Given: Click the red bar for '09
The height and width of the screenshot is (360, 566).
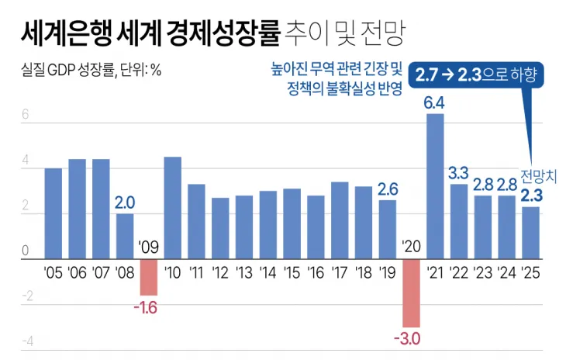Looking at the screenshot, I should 149,277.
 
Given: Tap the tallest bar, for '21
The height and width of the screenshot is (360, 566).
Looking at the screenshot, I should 435,186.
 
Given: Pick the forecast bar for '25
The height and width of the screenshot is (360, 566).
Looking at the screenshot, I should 530,232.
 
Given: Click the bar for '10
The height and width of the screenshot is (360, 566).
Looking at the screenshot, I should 173,207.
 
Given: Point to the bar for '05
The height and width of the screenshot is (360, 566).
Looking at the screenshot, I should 53,213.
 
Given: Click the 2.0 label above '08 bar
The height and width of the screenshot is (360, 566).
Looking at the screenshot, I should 125,202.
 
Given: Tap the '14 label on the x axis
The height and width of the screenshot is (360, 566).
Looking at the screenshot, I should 268,272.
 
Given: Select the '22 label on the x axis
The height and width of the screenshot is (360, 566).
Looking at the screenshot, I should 459,272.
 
